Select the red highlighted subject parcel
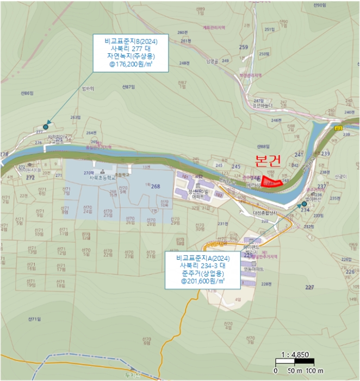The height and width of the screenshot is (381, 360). (272, 181)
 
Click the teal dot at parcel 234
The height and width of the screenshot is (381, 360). (304, 204)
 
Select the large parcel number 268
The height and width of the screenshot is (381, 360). (156, 186)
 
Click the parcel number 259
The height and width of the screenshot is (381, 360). (243, 47)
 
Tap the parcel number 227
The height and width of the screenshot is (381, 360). (309, 287)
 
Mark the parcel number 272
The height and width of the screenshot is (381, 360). (30, 177)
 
